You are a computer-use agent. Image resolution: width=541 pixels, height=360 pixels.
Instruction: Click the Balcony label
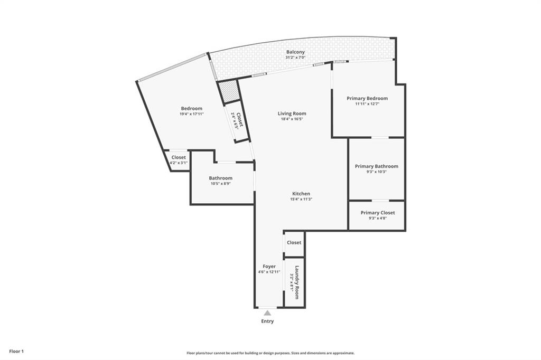tap(295, 52)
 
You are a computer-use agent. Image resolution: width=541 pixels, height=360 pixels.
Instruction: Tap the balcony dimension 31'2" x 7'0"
tap(295, 58)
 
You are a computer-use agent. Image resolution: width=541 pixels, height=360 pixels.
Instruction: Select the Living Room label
tap(292, 113)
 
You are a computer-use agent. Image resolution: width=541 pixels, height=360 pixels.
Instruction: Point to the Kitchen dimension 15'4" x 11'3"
tap(301, 199)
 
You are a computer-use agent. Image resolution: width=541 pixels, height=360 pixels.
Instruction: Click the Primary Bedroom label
tap(367, 98)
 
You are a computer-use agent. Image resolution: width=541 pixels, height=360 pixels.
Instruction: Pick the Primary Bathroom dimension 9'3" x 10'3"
tap(376, 172)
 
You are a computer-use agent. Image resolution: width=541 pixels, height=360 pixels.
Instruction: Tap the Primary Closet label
tap(377, 213)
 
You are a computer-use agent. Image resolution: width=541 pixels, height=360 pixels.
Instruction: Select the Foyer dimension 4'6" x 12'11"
tap(269, 272)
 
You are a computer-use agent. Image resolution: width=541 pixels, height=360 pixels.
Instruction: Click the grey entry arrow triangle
tap(267, 313)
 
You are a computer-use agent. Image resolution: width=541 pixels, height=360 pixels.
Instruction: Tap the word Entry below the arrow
tap(267, 321)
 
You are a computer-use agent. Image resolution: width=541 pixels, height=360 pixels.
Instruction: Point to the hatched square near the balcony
tap(230, 91)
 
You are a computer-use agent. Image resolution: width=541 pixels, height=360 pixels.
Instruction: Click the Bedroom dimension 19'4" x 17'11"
tap(191, 114)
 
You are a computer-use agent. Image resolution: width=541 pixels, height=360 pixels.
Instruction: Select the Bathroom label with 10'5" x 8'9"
tap(220, 178)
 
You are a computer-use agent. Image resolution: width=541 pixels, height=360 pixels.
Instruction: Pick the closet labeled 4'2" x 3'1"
tap(179, 163)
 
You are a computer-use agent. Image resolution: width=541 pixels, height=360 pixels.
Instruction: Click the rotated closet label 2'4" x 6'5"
tap(233, 122)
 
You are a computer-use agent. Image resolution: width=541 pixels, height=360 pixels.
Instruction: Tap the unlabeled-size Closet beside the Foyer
tap(294, 243)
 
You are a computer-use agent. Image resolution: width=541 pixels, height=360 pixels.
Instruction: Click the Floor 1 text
tap(16, 351)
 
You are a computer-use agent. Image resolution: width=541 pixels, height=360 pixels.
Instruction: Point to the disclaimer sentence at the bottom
tap(270, 353)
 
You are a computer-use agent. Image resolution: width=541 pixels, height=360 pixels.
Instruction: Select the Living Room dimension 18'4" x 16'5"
tap(292, 119)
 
